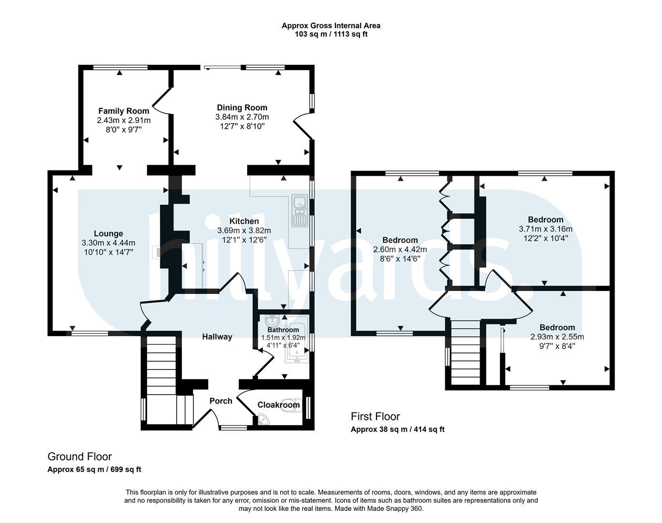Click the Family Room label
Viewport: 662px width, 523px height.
(x=124, y=111)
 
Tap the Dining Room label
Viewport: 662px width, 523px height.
(x=242, y=108)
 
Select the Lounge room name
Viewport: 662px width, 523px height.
(x=108, y=233)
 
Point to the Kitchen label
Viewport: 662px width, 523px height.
(x=244, y=221)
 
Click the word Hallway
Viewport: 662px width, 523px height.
(x=217, y=337)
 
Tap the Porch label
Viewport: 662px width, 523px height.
(x=221, y=401)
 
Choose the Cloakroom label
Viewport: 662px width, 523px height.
(x=279, y=405)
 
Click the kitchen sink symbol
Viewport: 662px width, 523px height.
(x=300, y=210)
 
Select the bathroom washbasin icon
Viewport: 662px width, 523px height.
(x=272, y=321)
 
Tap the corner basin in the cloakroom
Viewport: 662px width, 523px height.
(x=263, y=420)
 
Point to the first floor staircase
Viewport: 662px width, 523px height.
(x=466, y=353)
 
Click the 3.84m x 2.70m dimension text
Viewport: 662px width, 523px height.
(x=242, y=117)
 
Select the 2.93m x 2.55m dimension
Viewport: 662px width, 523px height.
(x=557, y=337)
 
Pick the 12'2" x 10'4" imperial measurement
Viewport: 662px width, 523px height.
(x=546, y=238)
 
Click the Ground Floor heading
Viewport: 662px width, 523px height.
(x=80, y=457)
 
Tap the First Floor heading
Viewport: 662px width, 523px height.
(x=376, y=416)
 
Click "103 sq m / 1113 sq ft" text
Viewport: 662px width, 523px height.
(x=331, y=34)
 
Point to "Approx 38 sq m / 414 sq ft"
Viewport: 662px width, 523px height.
(x=397, y=430)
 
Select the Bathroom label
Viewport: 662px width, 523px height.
(x=283, y=330)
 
